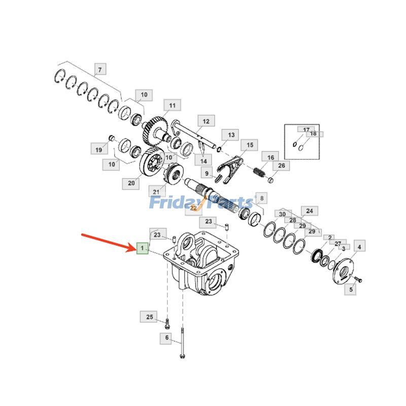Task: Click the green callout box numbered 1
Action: (x=143, y=248)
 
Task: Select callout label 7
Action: (x=100, y=70)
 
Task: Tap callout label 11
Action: (x=172, y=106)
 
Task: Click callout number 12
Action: (x=206, y=121)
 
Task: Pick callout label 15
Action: (x=249, y=146)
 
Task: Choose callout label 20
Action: (x=131, y=183)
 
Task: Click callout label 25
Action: (x=149, y=317)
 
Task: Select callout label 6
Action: (x=166, y=338)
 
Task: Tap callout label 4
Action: (x=359, y=247)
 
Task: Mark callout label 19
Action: (x=99, y=149)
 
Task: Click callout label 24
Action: (x=309, y=211)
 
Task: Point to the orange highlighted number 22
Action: (x=193, y=208)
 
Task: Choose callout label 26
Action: (x=281, y=165)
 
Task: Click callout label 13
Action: (x=231, y=135)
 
